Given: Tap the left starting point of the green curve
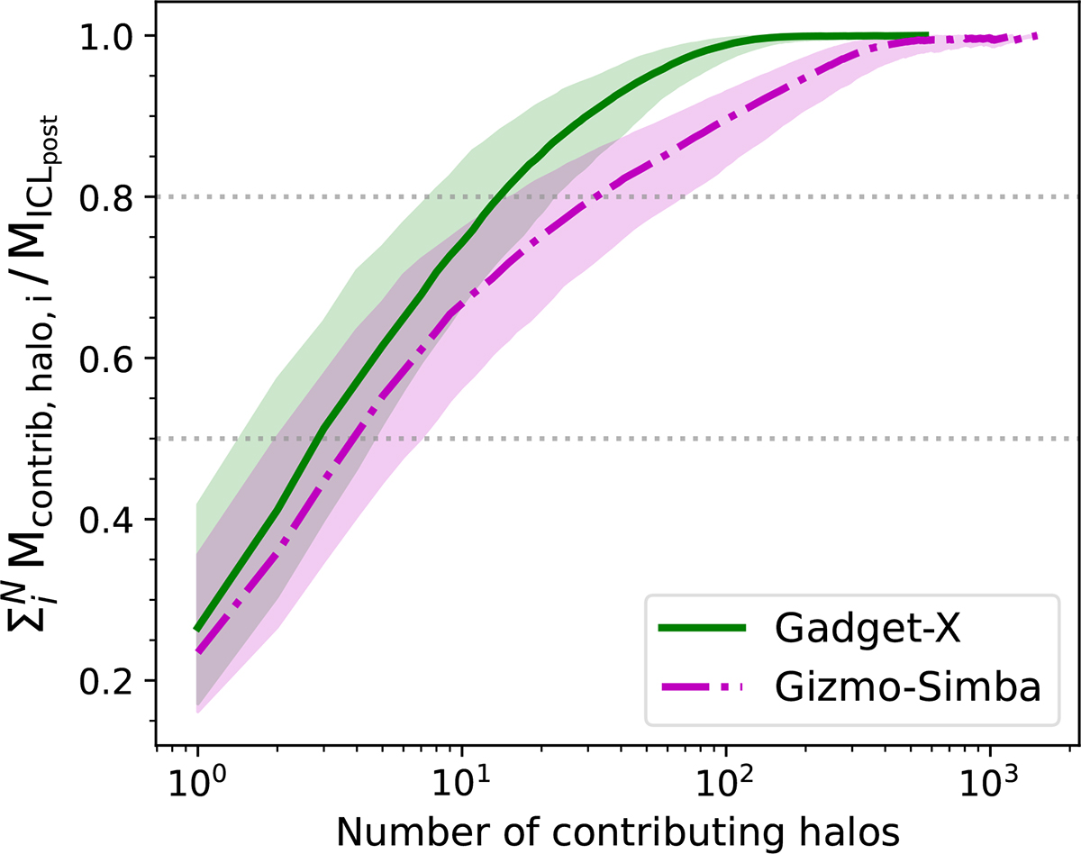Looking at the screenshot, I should (197, 629).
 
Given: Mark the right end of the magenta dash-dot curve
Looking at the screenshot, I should (1037, 36).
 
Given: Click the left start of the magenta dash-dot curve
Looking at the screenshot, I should (197, 651).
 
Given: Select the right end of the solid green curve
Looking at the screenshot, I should (928, 35).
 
